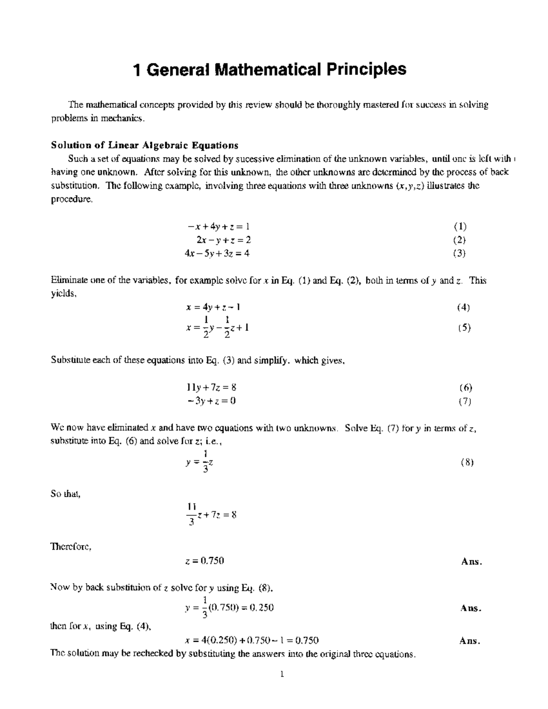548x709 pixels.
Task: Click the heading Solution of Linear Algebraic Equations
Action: [x=144, y=146]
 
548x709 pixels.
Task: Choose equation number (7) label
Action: [x=465, y=401]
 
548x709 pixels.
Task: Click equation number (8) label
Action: [x=467, y=462]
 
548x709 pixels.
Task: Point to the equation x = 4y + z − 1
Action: [x=213, y=307]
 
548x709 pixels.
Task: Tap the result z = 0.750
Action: [x=205, y=561]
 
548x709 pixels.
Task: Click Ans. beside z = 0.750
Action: [x=471, y=562]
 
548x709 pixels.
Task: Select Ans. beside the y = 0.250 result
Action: [x=471, y=608]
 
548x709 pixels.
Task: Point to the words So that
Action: [x=65, y=494]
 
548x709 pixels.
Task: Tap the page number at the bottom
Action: [x=283, y=674]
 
